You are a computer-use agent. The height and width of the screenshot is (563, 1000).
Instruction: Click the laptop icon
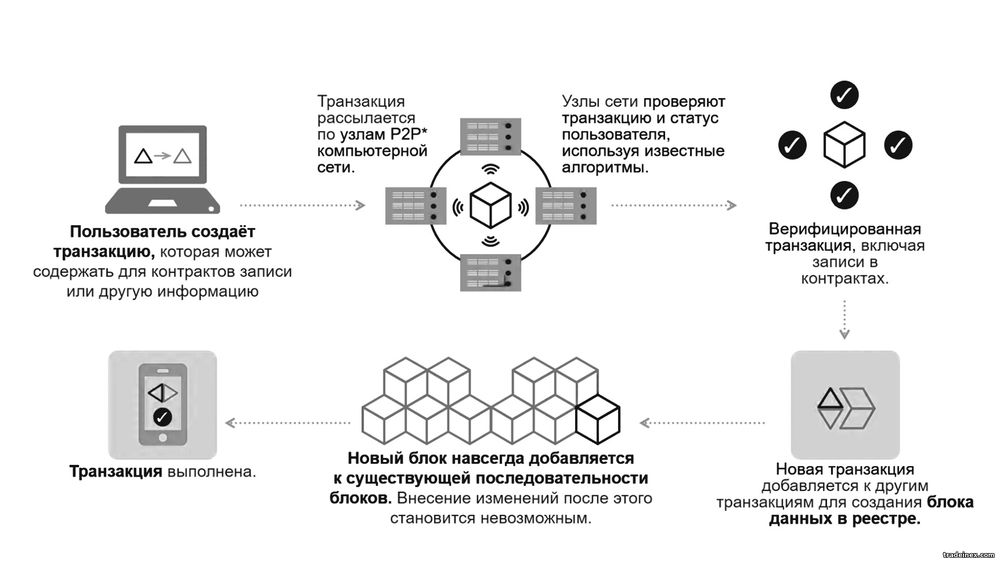click(x=163, y=169)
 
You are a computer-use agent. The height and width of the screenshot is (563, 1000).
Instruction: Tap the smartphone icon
click(x=163, y=405)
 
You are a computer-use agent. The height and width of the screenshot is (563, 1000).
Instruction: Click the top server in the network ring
click(x=490, y=136)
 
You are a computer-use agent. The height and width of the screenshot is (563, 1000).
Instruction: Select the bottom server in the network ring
click(x=490, y=273)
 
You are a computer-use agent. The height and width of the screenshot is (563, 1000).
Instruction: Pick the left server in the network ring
click(x=415, y=205)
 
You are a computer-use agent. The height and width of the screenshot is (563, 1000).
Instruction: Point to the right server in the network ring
click(x=566, y=205)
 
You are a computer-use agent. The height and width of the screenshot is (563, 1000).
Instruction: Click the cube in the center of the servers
click(x=490, y=205)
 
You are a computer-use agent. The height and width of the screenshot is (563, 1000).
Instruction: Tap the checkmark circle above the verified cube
click(x=844, y=95)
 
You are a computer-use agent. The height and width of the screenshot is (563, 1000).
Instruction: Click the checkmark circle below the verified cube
click(x=844, y=194)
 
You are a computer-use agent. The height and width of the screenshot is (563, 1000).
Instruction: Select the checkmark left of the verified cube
click(x=792, y=145)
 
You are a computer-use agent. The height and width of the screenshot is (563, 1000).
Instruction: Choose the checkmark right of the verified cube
click(x=898, y=145)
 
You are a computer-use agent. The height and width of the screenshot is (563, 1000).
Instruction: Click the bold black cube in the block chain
click(x=598, y=419)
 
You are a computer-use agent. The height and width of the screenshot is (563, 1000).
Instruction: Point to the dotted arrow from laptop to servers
click(x=302, y=205)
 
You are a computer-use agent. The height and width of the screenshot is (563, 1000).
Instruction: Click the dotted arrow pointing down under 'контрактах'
click(x=844, y=319)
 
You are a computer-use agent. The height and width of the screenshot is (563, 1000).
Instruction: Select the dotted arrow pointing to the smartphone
click(x=288, y=423)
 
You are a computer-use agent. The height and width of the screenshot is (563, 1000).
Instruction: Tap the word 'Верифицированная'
click(x=845, y=230)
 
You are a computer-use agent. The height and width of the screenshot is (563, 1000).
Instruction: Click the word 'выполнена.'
click(x=211, y=472)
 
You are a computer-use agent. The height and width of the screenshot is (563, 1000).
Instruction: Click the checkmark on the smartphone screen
click(x=163, y=417)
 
